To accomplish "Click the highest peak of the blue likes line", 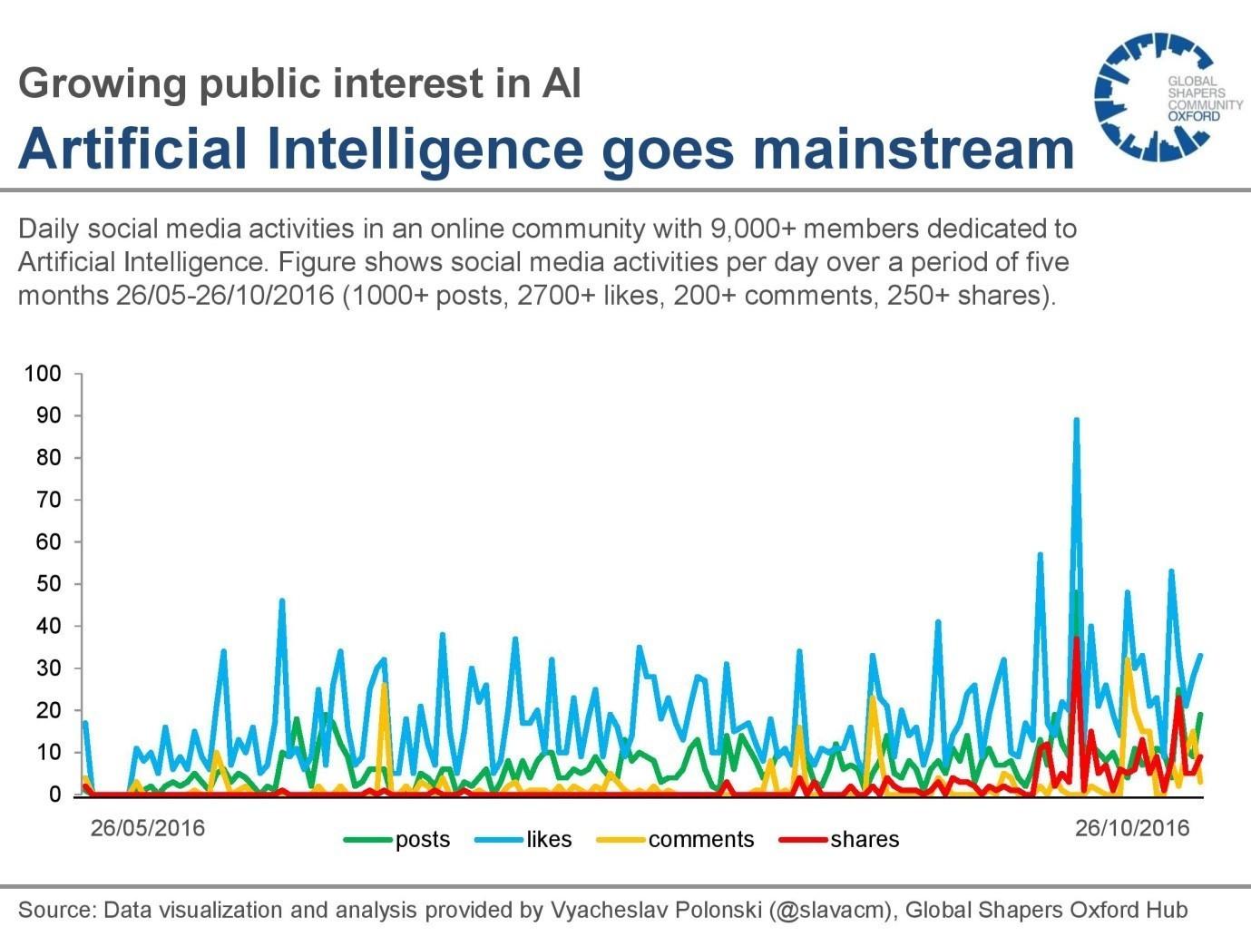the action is coord(1076,420).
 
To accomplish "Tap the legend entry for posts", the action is coord(396,840).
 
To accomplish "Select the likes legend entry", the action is coord(523,840).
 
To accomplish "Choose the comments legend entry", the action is coord(675,840).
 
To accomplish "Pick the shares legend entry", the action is coord(839,840).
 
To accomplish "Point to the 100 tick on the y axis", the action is coord(42,374).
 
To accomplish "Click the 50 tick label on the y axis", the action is coord(48,584).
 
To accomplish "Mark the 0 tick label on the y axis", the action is coord(54,795).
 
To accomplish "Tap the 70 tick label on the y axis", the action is coord(48,500).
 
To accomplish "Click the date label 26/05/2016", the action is coord(148,828).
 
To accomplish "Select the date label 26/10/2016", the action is coord(1132,828).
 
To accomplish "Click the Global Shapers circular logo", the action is coord(1153,97).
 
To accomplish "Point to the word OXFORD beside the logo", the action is coord(1194,117).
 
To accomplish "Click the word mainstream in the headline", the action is coord(914,148).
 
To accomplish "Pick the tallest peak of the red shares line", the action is coord(1076,639).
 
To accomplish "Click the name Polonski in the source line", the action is coord(718,910).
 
